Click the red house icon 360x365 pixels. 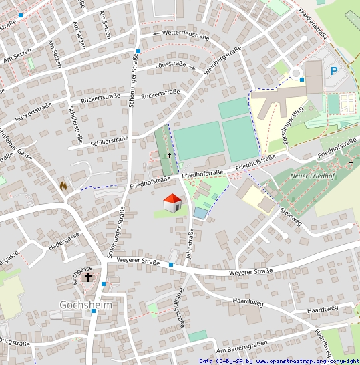click(172, 203)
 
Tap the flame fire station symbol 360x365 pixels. click(63, 186)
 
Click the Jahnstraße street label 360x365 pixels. click(191, 243)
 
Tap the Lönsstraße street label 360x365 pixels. click(170, 64)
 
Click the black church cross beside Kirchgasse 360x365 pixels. click(88, 277)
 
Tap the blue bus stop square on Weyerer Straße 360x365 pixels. click(171, 265)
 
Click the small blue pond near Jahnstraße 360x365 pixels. click(200, 213)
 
